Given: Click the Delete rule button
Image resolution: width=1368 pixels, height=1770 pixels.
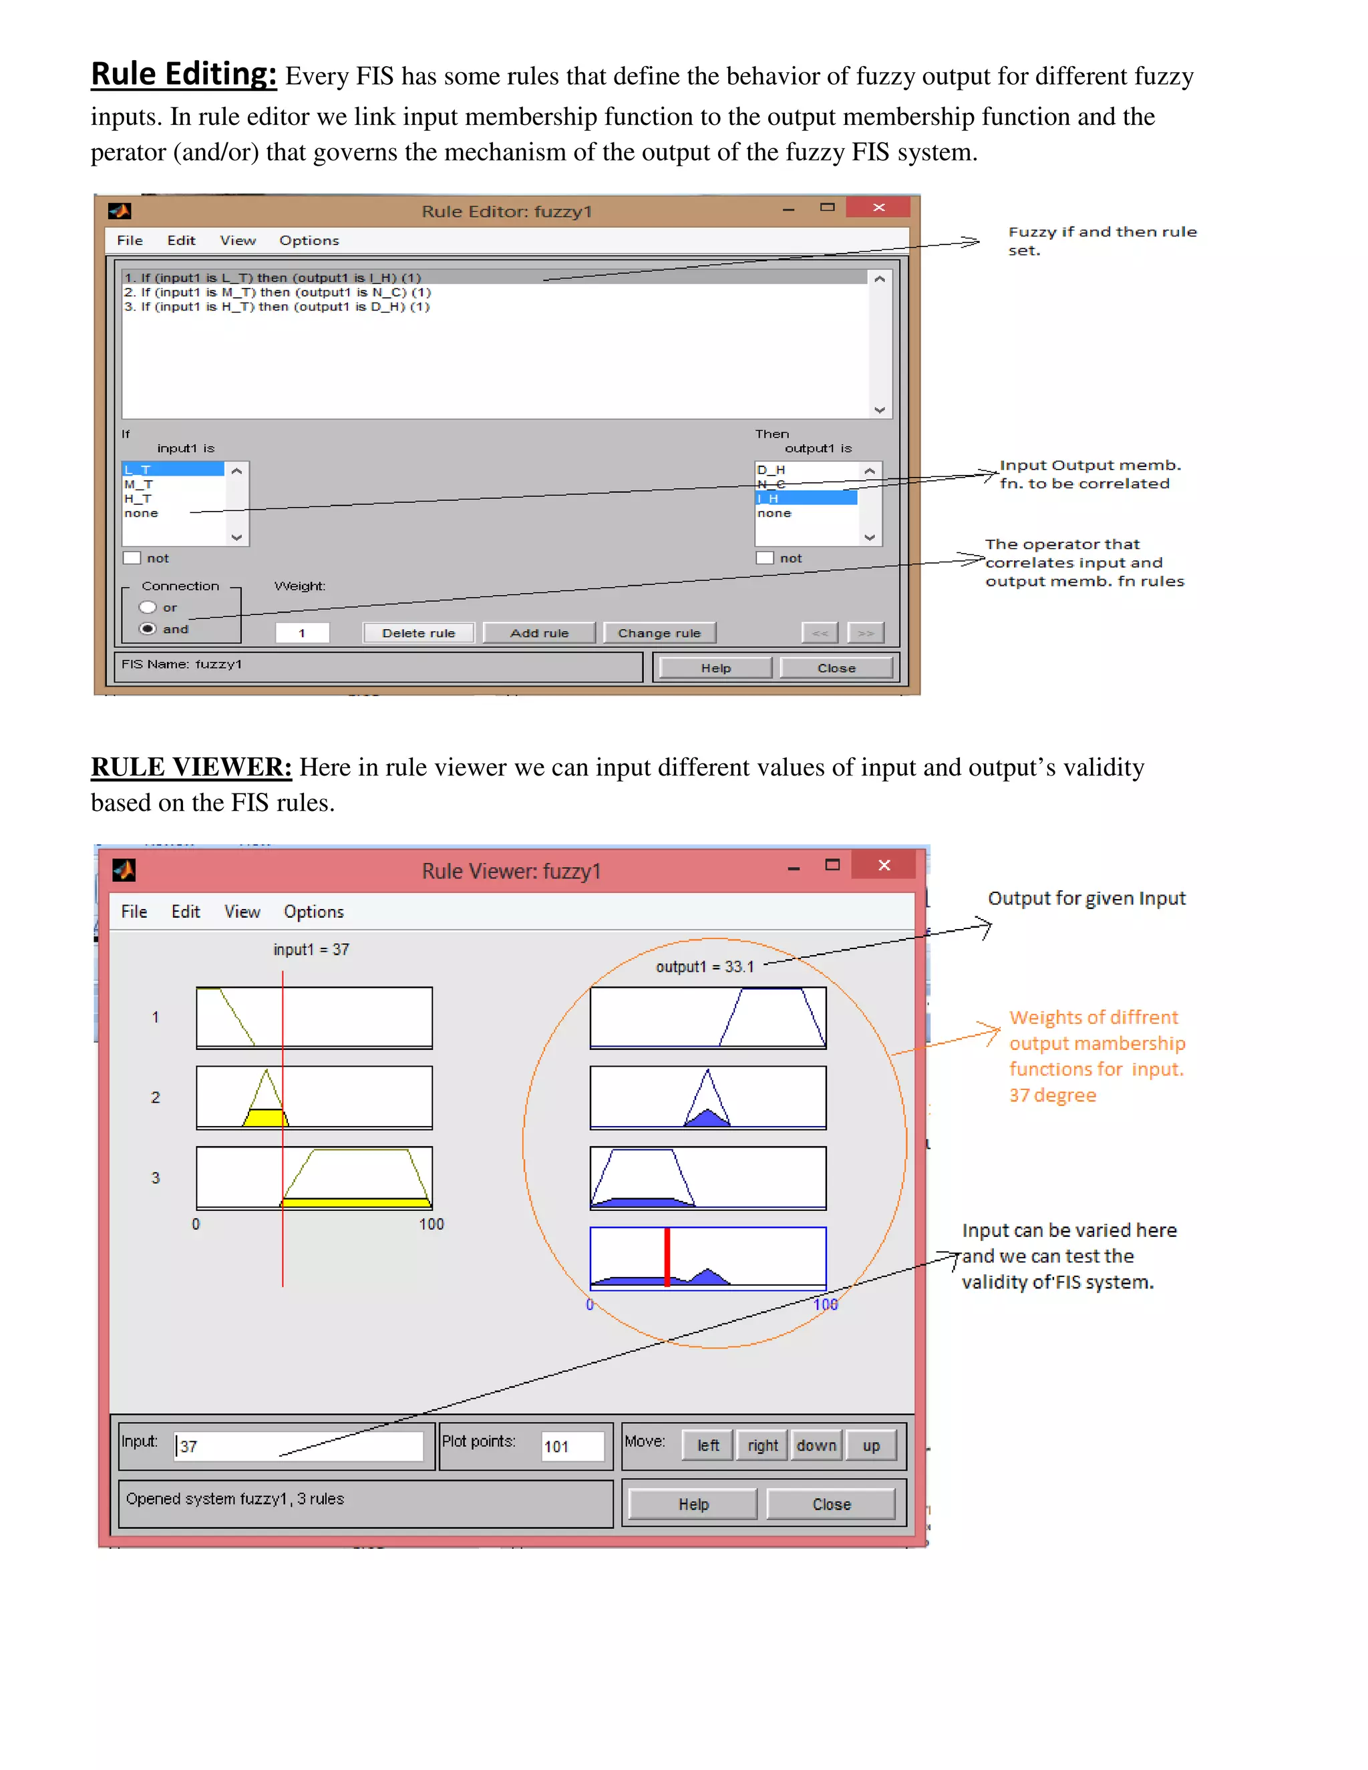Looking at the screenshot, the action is pyautogui.click(x=418, y=633).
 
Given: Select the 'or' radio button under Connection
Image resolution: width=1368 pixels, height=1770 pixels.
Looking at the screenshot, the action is pyautogui.click(x=148, y=607).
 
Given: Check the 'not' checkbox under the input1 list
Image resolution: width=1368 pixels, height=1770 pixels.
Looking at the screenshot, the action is pyautogui.click(x=132, y=558).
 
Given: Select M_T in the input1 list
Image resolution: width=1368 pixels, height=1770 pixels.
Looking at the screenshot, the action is pyautogui.click(x=138, y=484).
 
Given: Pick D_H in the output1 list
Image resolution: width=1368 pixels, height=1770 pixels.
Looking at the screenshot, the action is pyautogui.click(x=771, y=470).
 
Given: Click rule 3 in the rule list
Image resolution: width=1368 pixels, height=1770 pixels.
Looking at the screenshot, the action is pyautogui.click(x=277, y=307).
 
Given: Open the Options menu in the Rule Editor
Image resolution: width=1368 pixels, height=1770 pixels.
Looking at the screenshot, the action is pyautogui.click(x=309, y=240).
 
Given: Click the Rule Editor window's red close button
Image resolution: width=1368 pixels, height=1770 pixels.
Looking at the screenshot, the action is pyautogui.click(x=878, y=208).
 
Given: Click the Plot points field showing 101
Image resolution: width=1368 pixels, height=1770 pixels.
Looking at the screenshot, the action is pyautogui.click(x=573, y=1446).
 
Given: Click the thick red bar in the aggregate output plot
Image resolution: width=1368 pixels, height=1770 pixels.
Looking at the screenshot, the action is pyautogui.click(x=667, y=1257).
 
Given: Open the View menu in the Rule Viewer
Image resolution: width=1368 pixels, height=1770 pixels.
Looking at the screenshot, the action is pyautogui.click(x=242, y=912).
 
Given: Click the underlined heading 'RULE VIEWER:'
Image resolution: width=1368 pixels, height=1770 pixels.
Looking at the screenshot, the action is pyautogui.click(x=191, y=767).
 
